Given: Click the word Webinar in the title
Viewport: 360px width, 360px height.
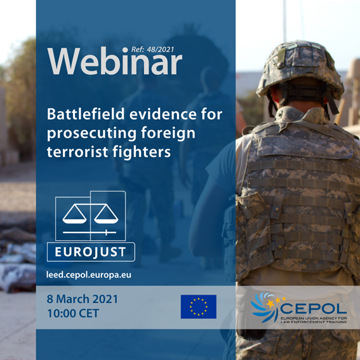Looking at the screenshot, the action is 114,61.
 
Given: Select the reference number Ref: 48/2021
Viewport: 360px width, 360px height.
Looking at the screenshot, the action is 152,50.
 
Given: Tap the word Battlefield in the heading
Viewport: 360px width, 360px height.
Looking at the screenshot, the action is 86,114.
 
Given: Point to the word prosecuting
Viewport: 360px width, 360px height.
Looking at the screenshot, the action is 92,133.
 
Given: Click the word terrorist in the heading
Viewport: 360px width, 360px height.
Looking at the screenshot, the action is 77,152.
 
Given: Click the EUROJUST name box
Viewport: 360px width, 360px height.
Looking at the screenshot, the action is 91,252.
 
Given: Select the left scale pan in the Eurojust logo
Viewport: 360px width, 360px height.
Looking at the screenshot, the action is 74,215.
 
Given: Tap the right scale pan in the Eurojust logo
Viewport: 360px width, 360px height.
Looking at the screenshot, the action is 106,215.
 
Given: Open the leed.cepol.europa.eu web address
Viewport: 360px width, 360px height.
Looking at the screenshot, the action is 89,275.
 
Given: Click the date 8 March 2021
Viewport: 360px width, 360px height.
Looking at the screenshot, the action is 83,299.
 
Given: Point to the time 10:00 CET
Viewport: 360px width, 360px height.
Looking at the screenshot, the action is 73,313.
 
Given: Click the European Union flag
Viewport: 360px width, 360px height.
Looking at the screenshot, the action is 199,307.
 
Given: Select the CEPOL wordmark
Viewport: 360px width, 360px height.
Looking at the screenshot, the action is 314,309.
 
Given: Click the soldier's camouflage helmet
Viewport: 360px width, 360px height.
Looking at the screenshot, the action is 300,69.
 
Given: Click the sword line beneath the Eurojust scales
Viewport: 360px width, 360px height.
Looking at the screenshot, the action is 90,233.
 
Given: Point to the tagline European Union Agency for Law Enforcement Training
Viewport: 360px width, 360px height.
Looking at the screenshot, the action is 314,320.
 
